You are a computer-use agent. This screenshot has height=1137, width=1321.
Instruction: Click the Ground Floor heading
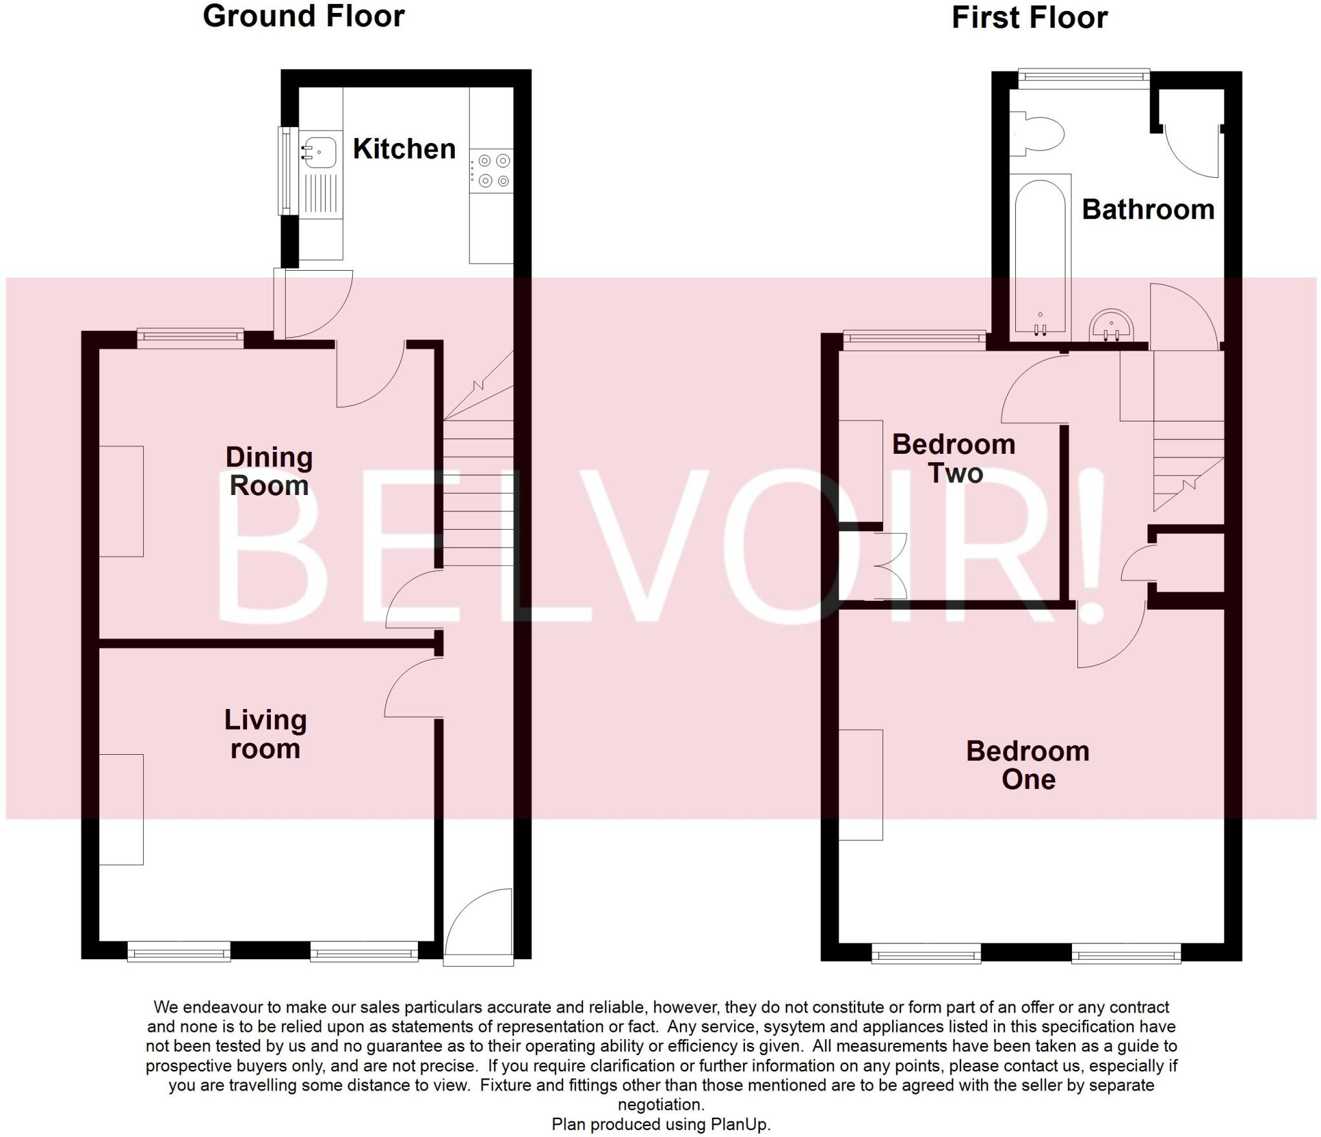[303, 16]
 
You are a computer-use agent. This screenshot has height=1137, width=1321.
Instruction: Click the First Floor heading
[1029, 17]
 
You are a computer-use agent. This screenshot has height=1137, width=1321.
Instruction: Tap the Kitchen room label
[404, 149]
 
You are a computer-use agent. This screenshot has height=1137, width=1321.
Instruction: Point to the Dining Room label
[269, 471]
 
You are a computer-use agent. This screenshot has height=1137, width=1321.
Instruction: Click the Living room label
[265, 734]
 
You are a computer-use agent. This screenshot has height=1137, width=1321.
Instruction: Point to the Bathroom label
[1148, 209]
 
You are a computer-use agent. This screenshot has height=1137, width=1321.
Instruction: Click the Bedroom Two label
[953, 458]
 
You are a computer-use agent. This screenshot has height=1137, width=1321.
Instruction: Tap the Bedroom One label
[1028, 765]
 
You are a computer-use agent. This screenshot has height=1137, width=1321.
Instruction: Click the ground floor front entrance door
[479, 928]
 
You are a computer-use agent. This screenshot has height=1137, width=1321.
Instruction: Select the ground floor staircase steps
[478, 493]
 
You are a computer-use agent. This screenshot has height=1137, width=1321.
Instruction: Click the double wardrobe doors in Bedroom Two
[890, 566]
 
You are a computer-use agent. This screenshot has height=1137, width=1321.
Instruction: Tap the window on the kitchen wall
[284, 171]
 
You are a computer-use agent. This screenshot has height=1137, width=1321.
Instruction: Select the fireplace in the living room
[121, 809]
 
